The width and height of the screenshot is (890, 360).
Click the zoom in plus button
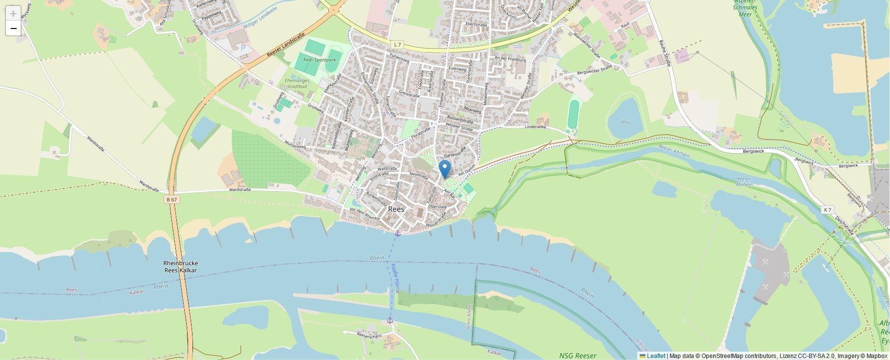(13, 13)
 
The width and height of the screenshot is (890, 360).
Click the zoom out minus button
(13, 28)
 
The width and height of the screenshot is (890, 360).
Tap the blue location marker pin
(445, 169)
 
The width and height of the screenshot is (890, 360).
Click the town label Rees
(396, 209)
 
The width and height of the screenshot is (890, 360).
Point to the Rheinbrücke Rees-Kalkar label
(181, 267)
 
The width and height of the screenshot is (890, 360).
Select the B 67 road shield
(171, 199)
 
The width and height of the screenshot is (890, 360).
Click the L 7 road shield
(397, 45)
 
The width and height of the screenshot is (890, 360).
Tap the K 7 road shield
(828, 210)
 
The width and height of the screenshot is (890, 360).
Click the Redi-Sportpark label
(320, 60)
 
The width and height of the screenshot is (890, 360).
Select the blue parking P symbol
(243, 48)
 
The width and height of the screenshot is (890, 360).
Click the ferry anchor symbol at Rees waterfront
(398, 233)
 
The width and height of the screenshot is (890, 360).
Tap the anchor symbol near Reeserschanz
(390, 320)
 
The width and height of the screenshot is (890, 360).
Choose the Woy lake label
(625, 122)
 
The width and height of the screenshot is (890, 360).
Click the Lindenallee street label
(535, 127)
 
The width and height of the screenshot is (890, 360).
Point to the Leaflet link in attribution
(656, 356)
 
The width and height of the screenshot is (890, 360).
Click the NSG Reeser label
(578, 356)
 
